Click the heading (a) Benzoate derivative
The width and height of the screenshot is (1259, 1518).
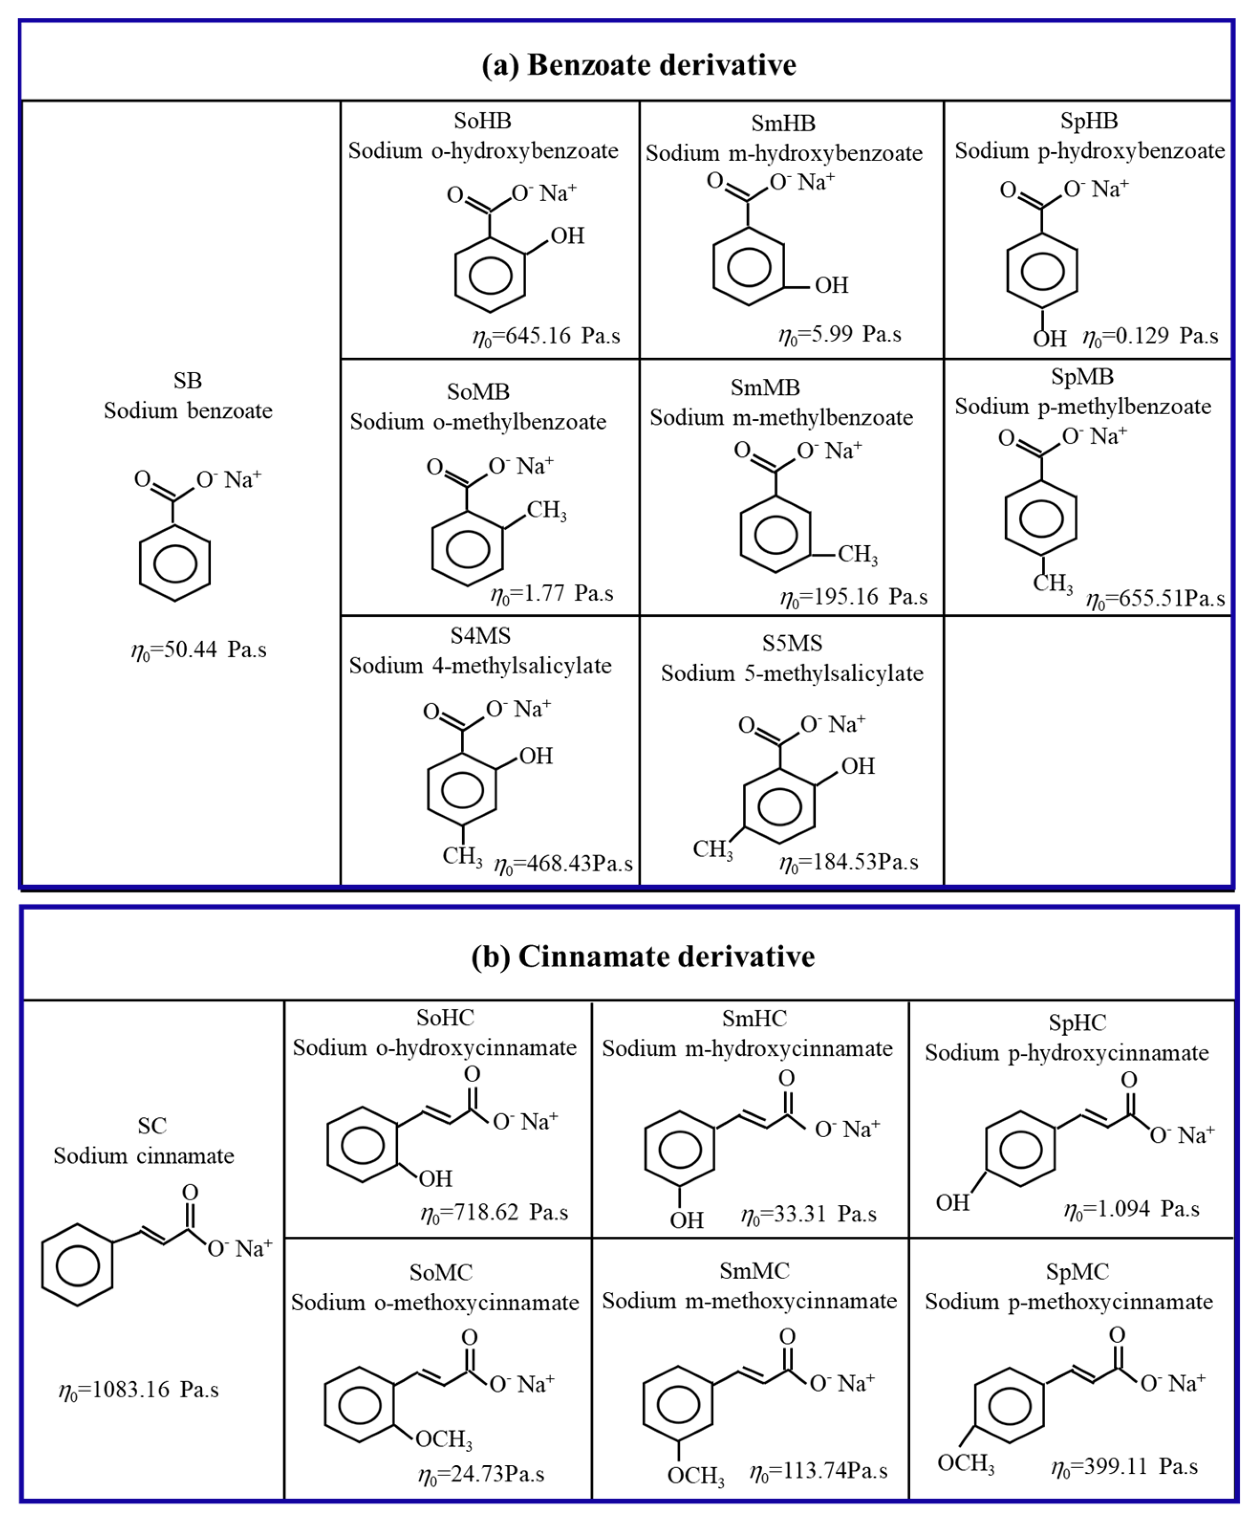pyautogui.click(x=638, y=65)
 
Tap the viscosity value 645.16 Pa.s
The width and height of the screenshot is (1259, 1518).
pyautogui.click(x=546, y=336)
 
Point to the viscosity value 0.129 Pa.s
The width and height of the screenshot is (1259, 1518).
pyautogui.click(x=1150, y=336)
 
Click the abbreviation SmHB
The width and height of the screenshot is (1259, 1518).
pyautogui.click(x=783, y=123)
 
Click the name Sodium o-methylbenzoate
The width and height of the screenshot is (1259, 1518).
pyautogui.click(x=478, y=422)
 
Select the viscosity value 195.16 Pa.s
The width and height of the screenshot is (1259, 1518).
pyautogui.click(x=853, y=597)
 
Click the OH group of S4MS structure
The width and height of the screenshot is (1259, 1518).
pyautogui.click(x=535, y=756)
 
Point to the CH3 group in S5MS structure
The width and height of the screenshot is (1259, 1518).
pyautogui.click(x=713, y=849)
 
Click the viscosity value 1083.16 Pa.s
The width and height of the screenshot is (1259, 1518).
pyautogui.click(x=139, y=1390)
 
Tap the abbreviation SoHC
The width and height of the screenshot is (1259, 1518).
pyautogui.click(x=445, y=1018)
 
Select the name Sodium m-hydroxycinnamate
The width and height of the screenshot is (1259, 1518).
pyautogui.click(x=747, y=1049)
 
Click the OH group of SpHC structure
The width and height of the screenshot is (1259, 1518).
pyautogui.click(x=952, y=1202)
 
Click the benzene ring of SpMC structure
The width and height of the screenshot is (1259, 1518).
pyautogui.click(x=1010, y=1406)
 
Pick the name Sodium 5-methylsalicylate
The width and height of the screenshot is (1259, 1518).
pyautogui.click(x=792, y=674)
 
